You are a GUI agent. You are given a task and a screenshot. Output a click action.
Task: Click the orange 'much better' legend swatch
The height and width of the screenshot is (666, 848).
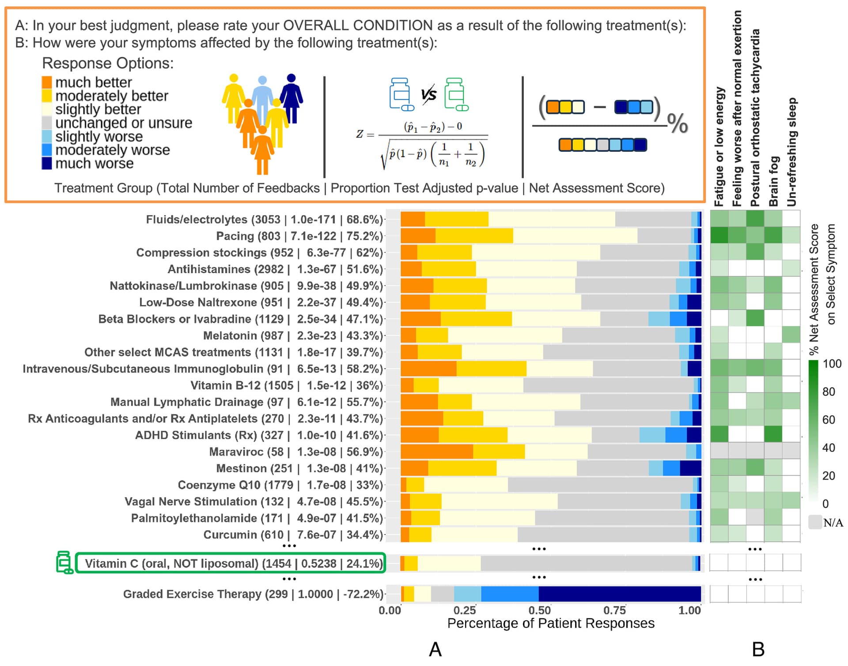(x=47, y=82)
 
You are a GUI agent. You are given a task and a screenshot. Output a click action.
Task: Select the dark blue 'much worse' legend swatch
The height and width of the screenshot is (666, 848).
(x=47, y=163)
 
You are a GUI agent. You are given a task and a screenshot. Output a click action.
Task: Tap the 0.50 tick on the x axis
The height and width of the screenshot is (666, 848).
(x=539, y=610)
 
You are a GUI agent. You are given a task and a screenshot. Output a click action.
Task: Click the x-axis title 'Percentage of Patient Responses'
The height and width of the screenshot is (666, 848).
(x=551, y=623)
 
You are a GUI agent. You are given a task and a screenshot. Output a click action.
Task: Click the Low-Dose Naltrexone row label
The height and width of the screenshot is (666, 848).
(x=261, y=302)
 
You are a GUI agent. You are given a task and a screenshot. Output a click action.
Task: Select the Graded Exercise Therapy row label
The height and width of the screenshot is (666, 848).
(x=253, y=594)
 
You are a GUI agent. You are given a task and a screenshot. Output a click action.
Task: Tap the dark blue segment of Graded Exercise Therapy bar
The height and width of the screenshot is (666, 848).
(x=619, y=594)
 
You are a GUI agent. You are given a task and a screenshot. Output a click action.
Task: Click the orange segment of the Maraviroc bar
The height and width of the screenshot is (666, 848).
(x=437, y=452)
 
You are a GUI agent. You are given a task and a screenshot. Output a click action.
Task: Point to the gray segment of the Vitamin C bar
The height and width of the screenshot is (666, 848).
(x=586, y=564)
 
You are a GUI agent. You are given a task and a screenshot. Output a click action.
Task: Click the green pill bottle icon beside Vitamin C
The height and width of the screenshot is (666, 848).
(x=64, y=562)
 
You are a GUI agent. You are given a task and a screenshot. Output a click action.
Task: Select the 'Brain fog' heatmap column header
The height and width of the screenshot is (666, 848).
(x=773, y=181)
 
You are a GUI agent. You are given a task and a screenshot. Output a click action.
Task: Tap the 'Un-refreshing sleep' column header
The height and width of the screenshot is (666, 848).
(x=791, y=152)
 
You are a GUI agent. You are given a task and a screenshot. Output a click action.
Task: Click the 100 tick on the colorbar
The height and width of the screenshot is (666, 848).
(x=832, y=364)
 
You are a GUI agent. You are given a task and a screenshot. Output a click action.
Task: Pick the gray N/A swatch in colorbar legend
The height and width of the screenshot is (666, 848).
(x=815, y=522)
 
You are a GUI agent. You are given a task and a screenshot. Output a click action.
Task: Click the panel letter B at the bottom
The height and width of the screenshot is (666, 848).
(x=758, y=649)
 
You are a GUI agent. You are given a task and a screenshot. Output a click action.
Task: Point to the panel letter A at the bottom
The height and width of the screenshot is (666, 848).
(x=435, y=649)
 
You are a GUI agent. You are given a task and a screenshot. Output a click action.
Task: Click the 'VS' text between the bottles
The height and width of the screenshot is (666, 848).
(x=428, y=94)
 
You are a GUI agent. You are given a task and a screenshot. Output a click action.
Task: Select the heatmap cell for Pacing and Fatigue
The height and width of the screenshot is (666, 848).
(x=719, y=235)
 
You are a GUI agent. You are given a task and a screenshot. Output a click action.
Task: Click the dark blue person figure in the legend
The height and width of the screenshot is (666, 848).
(x=291, y=97)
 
